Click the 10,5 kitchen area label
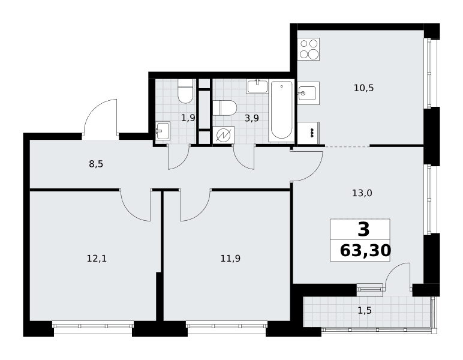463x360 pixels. tap(364, 88)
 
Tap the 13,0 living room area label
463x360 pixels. tap(362, 193)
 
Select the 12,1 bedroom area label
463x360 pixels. tap(97, 259)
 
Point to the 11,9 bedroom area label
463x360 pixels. tap(230, 259)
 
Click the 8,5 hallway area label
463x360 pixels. tap(97, 164)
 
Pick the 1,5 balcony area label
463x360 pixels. tap(365, 311)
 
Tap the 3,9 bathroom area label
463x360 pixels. tap(251, 118)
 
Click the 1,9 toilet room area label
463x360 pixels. tap(188, 118)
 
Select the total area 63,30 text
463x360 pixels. tap(366, 251)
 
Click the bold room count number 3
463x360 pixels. tap(363, 229)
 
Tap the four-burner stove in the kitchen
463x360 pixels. tap(309, 49)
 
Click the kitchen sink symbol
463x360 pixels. tap(309, 94)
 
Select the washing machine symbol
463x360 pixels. tap(224, 135)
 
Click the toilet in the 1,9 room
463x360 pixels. tap(185, 91)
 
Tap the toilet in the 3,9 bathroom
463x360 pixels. tap(225, 108)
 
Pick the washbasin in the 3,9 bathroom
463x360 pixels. tap(257, 86)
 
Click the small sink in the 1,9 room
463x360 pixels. tap(163, 130)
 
